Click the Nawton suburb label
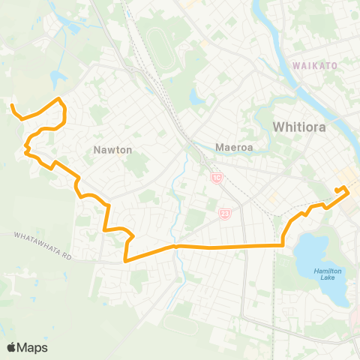pyautogui.click(x=112, y=150)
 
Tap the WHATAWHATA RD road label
pyautogui.click(x=45, y=246)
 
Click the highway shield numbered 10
pyautogui.click(x=217, y=177)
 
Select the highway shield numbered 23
pyautogui.click(x=225, y=214)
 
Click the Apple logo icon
pyautogui.click(x=12, y=347)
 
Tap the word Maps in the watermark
pyautogui.click(x=33, y=347)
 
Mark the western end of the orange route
pyautogui.click(x=12, y=106)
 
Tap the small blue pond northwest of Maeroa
pyautogui.click(x=196, y=96)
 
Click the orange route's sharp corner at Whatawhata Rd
pyautogui.click(x=125, y=260)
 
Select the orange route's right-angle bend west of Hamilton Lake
pyautogui.click(x=283, y=244)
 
